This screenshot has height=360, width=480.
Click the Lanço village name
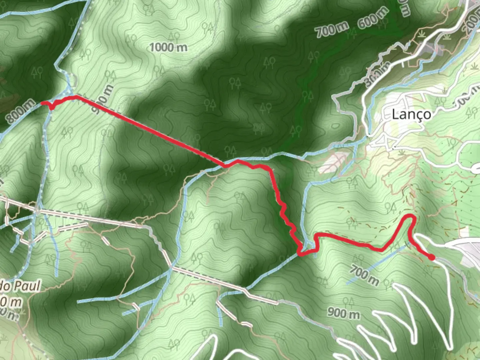411,114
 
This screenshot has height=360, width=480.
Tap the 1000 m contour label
168,48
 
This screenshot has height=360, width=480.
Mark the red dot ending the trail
432,257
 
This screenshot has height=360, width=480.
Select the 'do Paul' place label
20,286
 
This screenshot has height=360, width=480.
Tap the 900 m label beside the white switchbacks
343,313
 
